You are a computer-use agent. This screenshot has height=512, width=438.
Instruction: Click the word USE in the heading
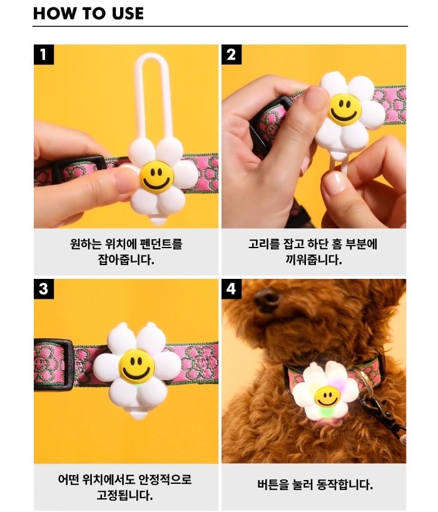coord(128,13)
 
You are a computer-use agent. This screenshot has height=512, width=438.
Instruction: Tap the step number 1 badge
coord(44,55)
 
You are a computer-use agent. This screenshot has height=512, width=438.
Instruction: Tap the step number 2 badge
coord(232,55)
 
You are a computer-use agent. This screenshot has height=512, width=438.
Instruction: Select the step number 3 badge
coord(44,289)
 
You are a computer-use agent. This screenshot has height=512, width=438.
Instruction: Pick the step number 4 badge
coord(232,289)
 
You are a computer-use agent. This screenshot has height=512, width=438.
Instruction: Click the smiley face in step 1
coord(156,177)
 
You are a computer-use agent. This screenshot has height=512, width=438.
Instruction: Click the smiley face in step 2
coord(344,110)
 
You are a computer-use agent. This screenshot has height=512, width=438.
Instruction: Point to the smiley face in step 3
coord(136,365)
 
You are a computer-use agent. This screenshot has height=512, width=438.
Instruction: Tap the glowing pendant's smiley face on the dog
coord(327,397)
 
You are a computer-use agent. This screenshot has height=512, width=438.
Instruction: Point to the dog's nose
coord(267,298)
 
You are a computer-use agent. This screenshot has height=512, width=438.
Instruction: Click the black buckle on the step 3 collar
coord(53,365)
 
